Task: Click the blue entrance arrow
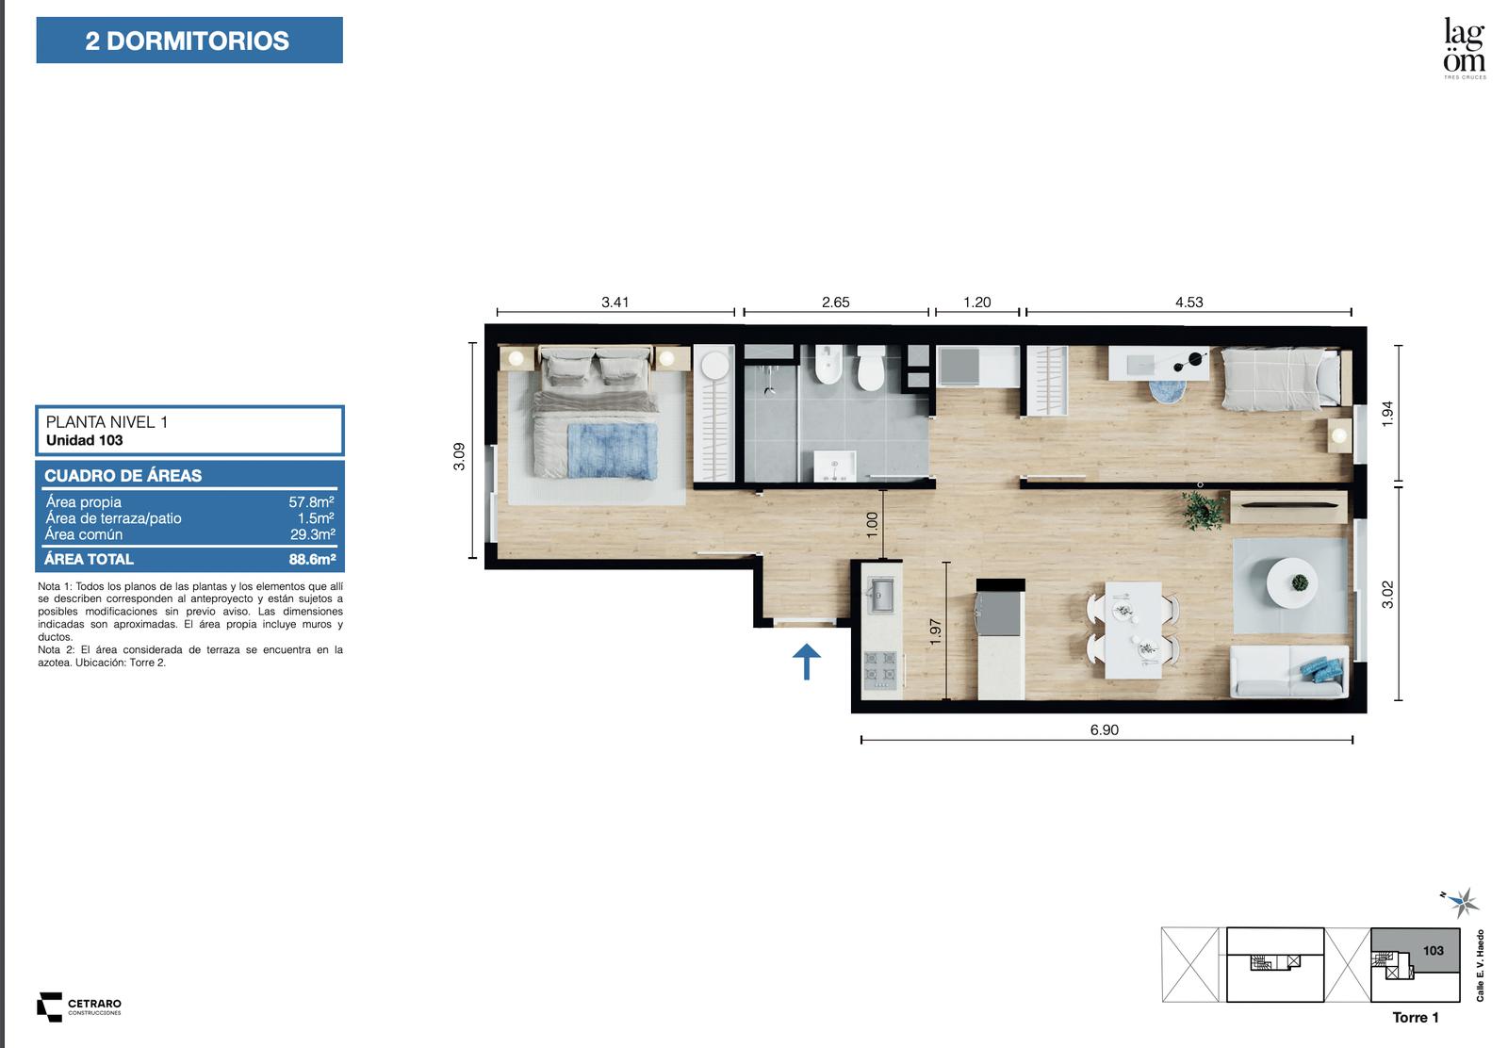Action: click(807, 661)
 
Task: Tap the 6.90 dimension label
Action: click(1104, 730)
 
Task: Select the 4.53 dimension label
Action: click(1188, 303)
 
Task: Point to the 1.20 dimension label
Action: click(976, 303)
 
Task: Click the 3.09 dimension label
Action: click(459, 456)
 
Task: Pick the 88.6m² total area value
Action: click(312, 559)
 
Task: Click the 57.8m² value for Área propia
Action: click(312, 501)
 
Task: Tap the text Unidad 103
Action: click(85, 440)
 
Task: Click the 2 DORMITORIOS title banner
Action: click(189, 41)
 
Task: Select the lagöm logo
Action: click(1465, 47)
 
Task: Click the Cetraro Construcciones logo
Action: click(79, 1007)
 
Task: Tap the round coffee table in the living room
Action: click(1292, 582)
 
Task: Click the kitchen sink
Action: click(880, 596)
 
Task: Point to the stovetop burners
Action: click(880, 670)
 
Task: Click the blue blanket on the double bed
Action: click(612, 450)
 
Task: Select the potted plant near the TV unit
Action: click(1203, 511)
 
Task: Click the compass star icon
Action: click(1463, 903)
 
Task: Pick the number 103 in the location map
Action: click(1434, 950)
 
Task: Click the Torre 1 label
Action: click(1415, 1017)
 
